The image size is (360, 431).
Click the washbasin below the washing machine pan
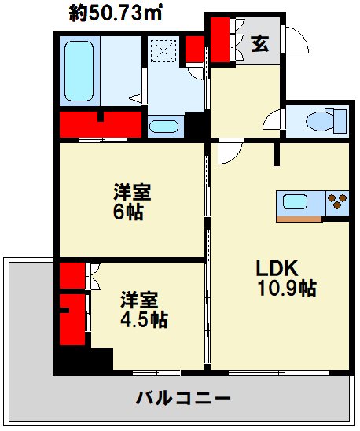pos(163,127)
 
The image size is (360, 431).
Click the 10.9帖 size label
pos(287,289)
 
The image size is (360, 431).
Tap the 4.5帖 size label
pos(143,319)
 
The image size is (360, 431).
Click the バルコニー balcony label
pos(183,396)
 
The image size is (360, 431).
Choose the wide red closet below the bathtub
pos(101,124)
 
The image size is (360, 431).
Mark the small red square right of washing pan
pos(194,50)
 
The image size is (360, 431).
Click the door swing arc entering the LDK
pos(230,154)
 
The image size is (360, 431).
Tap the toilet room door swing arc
pos(273,122)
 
